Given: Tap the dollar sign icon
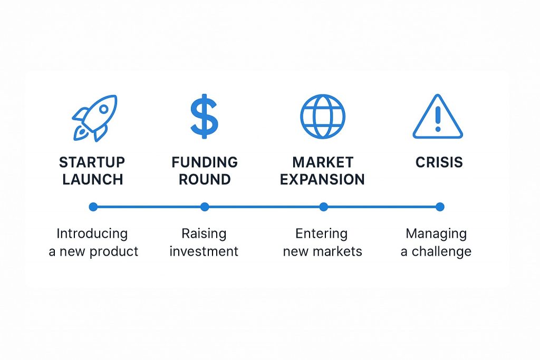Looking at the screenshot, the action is [204, 116].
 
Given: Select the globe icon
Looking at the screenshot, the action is [323, 116].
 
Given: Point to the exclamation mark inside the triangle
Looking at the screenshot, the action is [438, 119].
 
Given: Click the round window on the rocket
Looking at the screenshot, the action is [104, 110].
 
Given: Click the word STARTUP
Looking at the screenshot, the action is [92, 162].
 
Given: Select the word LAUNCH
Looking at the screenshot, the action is [93, 179].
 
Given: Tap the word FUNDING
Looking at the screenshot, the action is [205, 162].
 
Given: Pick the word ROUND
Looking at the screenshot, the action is [205, 179].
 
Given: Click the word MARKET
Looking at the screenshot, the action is [323, 162].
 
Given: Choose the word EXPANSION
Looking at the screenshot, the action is [322, 179].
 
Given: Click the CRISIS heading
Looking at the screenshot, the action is [439, 162].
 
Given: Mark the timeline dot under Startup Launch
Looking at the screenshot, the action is [93, 207].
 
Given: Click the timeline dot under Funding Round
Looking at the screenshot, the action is [205, 207].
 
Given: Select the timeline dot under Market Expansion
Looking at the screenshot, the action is [323, 207].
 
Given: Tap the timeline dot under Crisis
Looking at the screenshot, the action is [440, 207].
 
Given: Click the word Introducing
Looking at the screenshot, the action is [92, 234].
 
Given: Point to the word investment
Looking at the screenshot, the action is [204, 251].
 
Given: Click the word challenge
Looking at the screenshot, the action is [441, 251].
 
